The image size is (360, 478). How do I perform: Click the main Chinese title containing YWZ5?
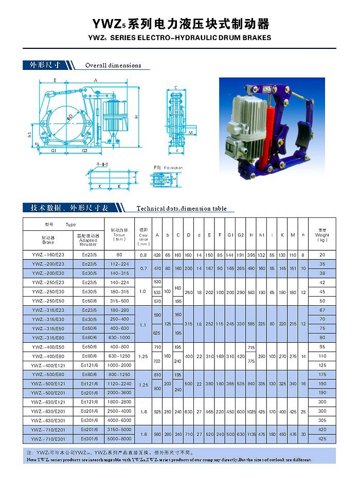(180, 24)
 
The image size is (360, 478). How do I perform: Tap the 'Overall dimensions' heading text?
(113, 65)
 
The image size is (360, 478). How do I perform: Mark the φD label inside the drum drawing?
(69, 118)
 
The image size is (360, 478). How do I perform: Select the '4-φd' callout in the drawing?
(103, 164)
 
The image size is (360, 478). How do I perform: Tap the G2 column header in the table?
(241, 235)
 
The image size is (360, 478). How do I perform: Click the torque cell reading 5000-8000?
(119, 439)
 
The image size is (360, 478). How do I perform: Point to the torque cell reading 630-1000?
(119, 338)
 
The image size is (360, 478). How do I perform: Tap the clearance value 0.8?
(143, 255)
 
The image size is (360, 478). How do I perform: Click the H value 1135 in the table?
(251, 434)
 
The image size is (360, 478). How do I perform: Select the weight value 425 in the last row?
(322, 439)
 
